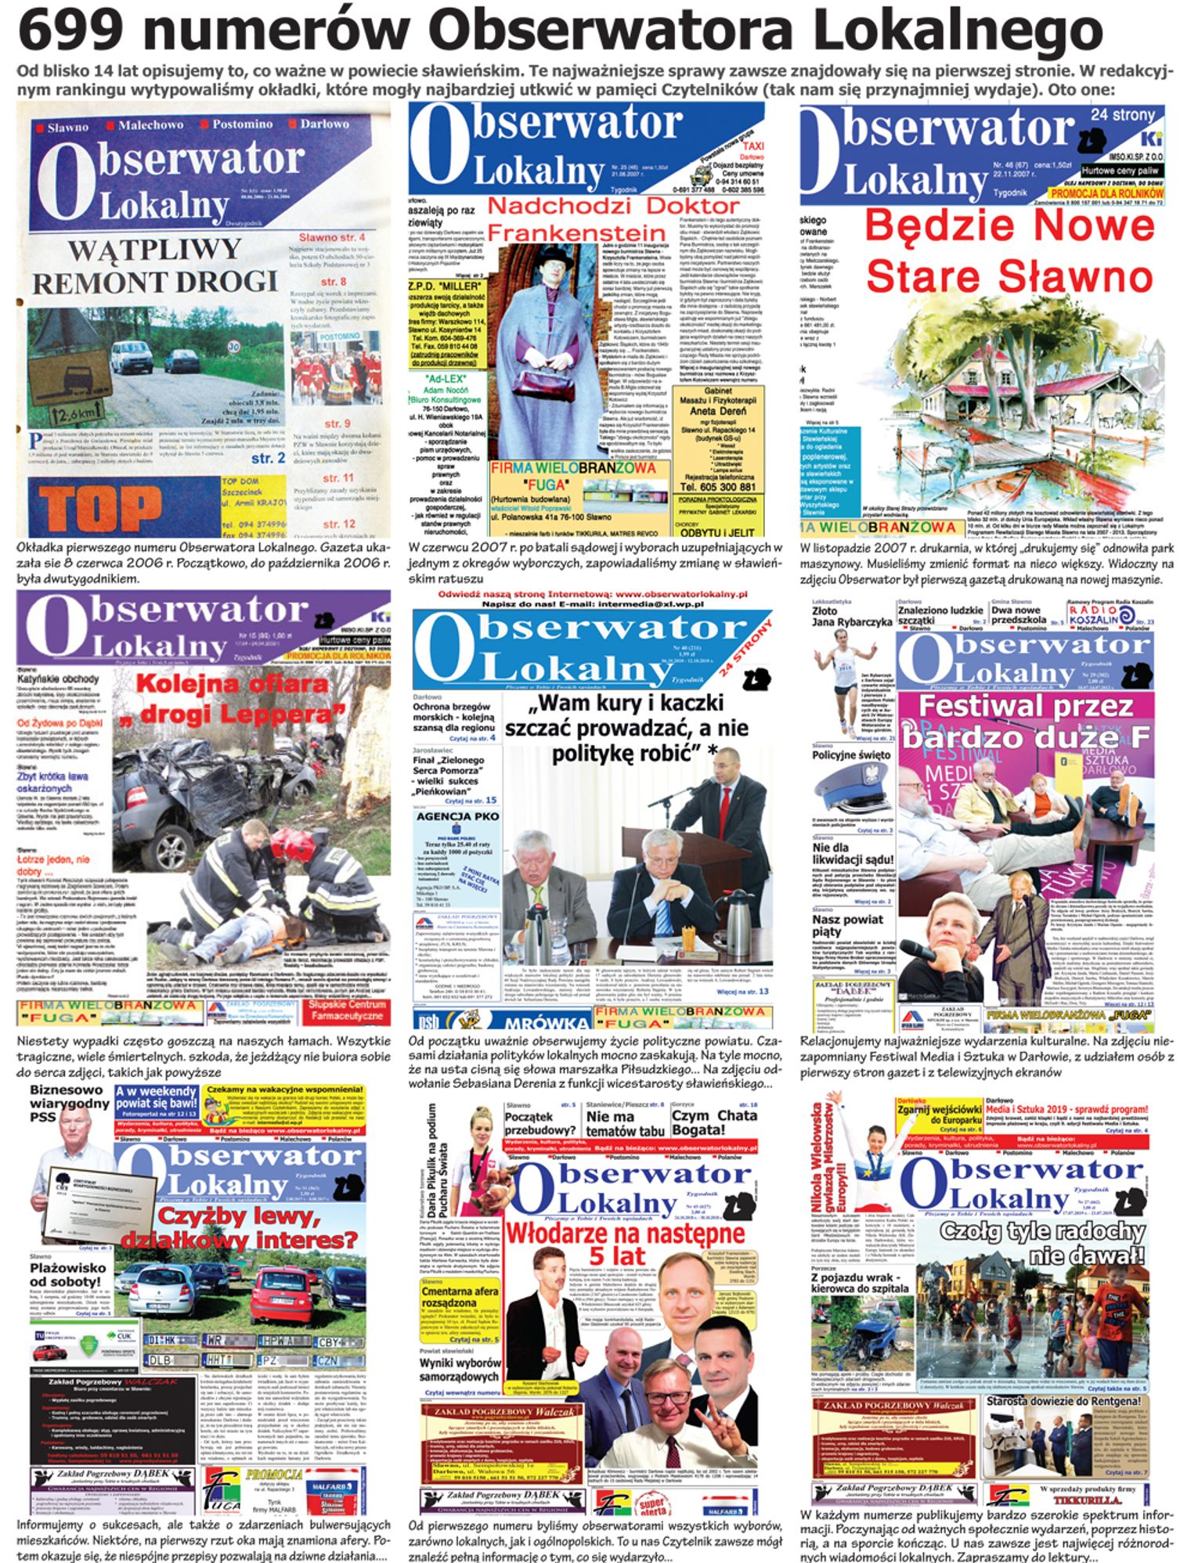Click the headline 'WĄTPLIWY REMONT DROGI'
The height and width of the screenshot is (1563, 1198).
coord(155,266)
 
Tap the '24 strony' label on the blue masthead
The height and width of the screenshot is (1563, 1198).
coord(1122,116)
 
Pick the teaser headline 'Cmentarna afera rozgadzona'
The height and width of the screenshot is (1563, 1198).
coord(461,1297)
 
